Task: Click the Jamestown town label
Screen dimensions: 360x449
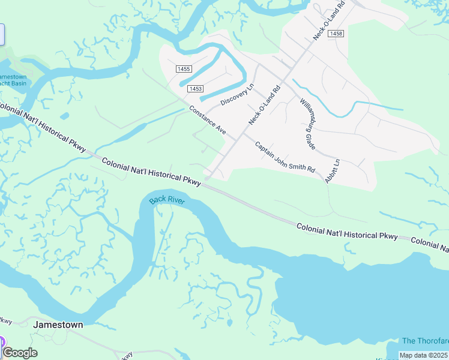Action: [58, 324]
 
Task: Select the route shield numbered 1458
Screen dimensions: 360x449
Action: [336, 34]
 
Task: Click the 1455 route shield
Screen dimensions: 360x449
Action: [184, 69]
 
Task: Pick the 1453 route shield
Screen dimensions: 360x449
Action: [194, 88]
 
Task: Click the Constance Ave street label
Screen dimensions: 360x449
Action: [207, 120]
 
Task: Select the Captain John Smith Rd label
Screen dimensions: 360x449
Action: [285, 157]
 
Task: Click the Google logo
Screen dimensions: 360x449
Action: [20, 353]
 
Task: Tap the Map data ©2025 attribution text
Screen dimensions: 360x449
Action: [424, 355]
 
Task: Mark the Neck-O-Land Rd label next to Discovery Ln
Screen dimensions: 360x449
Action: [265, 105]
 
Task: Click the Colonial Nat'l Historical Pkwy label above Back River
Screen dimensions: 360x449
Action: [151, 171]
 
